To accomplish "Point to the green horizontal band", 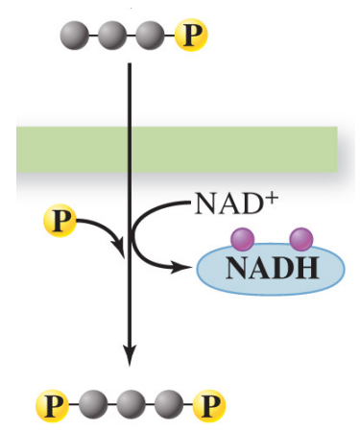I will coord(178,150).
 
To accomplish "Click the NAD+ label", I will coord(229,204).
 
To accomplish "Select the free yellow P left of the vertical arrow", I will coord(58,223).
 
